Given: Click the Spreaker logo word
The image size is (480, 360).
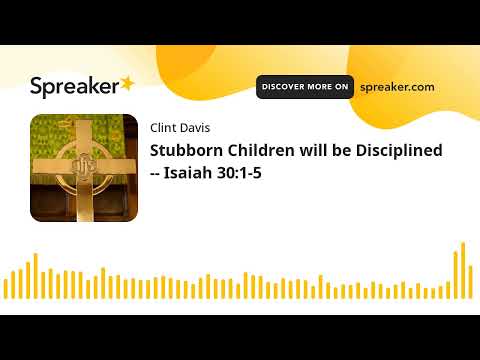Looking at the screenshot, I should (73, 87).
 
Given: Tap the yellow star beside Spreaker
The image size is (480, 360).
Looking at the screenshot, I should (128, 83).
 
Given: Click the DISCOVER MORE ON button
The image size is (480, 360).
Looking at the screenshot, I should (305, 87).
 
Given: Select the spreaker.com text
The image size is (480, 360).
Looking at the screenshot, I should (397, 87).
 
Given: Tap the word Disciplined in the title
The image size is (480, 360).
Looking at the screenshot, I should (395, 150).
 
